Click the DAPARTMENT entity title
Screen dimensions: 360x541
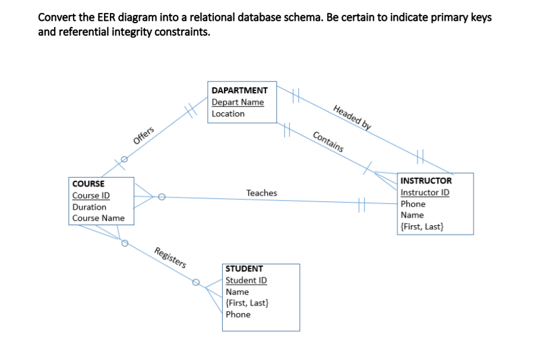click(239, 90)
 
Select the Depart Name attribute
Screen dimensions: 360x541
click(238, 102)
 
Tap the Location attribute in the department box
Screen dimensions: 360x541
click(228, 113)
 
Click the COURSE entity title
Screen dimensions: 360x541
click(88, 184)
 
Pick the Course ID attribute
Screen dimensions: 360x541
click(91, 195)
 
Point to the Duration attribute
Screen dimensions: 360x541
click(89, 207)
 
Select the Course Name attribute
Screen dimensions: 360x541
click(99, 218)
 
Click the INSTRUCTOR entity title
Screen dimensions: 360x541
click(426, 181)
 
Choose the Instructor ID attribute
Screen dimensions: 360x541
click(425, 192)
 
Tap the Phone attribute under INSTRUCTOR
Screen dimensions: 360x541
click(413, 204)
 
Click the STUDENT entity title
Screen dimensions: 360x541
click(244, 269)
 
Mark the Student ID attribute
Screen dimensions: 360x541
click(246, 280)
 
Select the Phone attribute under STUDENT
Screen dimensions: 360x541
click(238, 314)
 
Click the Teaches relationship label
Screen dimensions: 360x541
click(261, 193)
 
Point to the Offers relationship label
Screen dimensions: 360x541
click(144, 135)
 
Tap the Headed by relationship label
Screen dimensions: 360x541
click(352, 117)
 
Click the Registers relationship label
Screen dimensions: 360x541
click(170, 257)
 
